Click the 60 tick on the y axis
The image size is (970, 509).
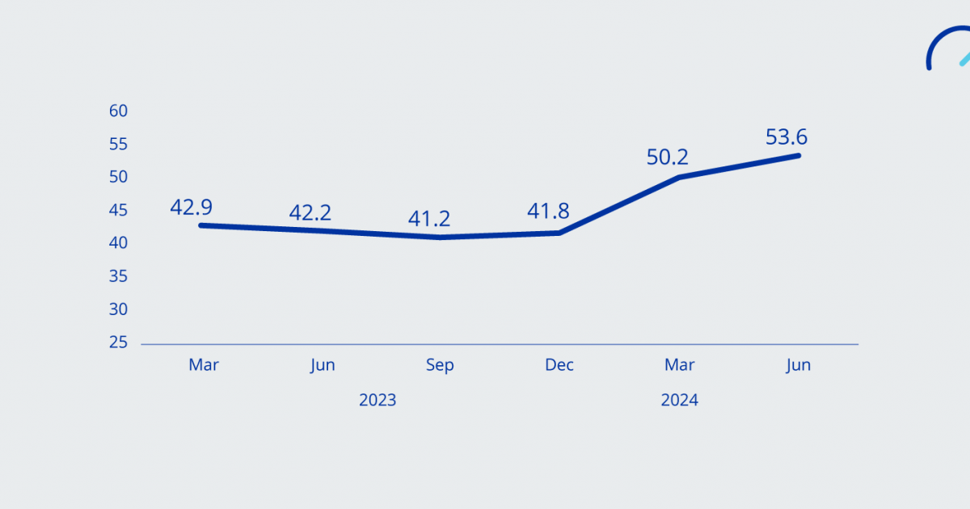(119, 111)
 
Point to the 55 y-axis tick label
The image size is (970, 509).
(119, 144)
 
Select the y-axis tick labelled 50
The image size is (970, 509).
(119, 177)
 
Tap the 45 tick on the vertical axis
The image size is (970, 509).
(119, 210)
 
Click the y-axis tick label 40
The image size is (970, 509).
(119, 243)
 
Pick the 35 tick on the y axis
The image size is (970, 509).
(119, 276)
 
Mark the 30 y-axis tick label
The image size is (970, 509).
(119, 309)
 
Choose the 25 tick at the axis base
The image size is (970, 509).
(119, 343)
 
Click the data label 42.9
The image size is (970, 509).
(191, 207)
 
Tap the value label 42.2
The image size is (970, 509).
(310, 212)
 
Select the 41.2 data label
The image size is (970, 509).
(429, 218)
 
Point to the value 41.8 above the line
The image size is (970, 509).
(548, 212)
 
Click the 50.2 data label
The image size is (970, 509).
(668, 157)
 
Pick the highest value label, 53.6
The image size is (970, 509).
(787, 137)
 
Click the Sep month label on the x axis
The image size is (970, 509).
(440, 365)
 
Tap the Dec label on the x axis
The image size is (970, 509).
(559, 365)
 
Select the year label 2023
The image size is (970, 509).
(377, 400)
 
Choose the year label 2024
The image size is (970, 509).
(679, 400)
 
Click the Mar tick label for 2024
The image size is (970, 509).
(679, 365)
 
